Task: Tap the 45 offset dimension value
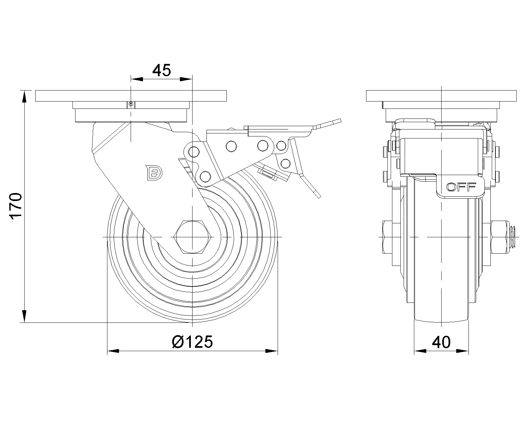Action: coord(162,70)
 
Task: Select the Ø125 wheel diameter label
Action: coord(192,342)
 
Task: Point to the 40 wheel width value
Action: coord(441,342)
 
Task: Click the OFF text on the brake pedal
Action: coord(461,187)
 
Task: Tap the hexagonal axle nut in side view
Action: coord(192,237)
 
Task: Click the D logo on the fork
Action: coord(154,172)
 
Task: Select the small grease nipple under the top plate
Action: coord(131,105)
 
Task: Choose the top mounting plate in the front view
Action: coord(441,96)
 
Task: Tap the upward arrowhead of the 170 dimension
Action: coord(24,97)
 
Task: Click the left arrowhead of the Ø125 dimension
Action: coord(113,351)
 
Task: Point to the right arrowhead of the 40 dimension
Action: coord(462,351)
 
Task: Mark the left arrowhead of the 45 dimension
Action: coord(137,79)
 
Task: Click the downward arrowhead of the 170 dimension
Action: coord(24,317)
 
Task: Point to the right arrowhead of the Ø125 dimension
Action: coord(272,351)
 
